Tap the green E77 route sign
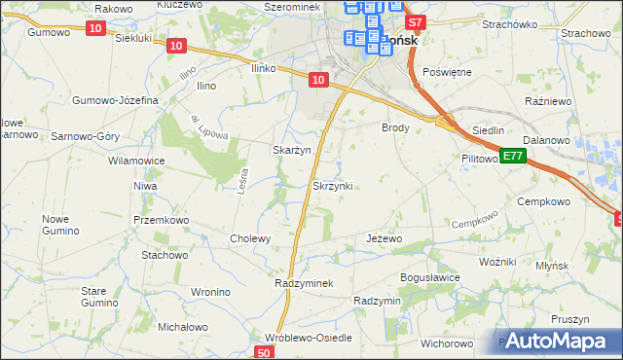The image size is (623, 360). [x=514, y=156]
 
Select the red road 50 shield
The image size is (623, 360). [x=265, y=352]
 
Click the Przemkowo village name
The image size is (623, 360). [x=161, y=220]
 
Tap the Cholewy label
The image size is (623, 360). [x=249, y=238]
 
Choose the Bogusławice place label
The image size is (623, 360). [x=430, y=277]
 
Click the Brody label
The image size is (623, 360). [x=395, y=127]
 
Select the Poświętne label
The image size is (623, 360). [x=448, y=72]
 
